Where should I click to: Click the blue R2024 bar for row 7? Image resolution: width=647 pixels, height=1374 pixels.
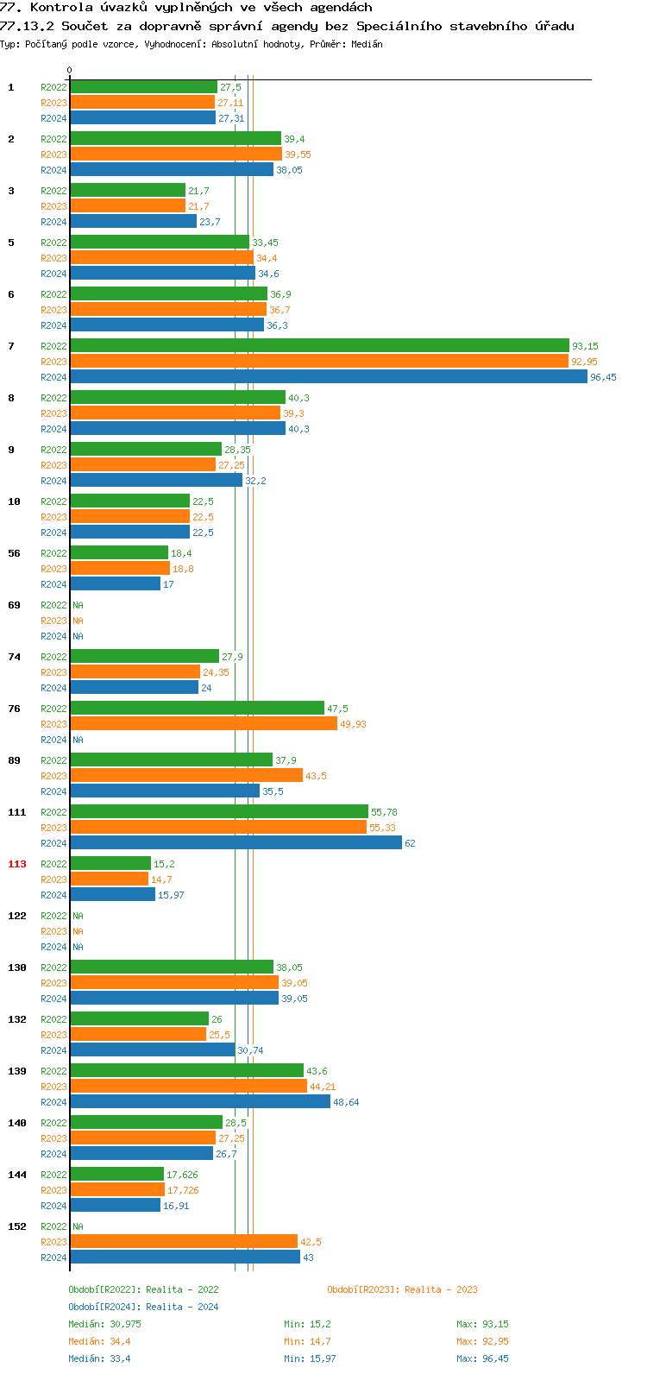click(328, 377)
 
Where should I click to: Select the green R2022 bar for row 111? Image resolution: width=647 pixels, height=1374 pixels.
click(219, 812)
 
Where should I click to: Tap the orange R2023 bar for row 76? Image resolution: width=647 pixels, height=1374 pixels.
click(204, 724)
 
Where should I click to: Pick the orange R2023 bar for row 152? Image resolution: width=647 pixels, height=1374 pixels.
click(184, 1242)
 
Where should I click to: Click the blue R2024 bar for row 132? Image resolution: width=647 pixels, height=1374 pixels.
click(153, 1050)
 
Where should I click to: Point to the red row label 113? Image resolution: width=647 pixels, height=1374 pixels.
click(17, 864)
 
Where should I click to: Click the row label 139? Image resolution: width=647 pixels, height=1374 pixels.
click(17, 1071)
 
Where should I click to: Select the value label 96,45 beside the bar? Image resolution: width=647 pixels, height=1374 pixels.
click(603, 377)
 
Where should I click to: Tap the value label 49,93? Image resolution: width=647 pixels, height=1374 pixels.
click(353, 724)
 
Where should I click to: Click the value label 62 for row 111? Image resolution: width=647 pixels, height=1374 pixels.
click(410, 843)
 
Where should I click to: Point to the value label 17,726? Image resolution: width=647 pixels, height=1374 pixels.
click(183, 1190)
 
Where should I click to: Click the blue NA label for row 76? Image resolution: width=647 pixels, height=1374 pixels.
click(78, 740)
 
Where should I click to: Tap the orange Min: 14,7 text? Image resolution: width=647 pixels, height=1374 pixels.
click(307, 1341)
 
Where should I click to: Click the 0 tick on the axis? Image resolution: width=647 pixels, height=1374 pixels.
click(70, 71)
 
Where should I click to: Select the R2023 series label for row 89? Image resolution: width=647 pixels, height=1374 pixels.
click(53, 776)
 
